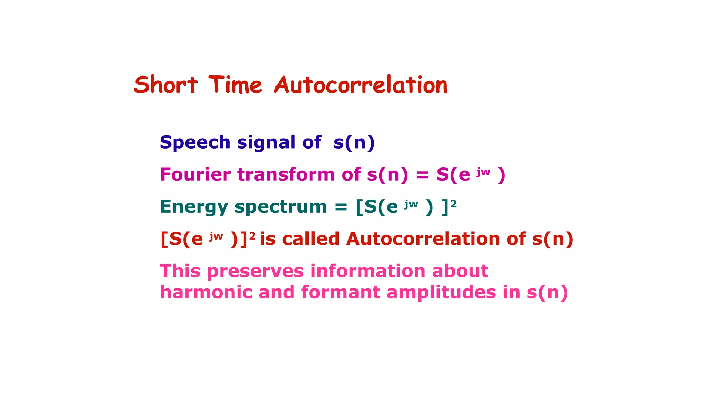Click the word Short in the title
pos(165,85)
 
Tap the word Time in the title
pos(235,85)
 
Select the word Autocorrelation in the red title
pos(361,85)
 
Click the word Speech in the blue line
pos(195,142)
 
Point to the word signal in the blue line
pos(266,142)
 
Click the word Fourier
pos(195,174)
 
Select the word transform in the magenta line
pos(286,174)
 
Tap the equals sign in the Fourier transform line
pos(422,175)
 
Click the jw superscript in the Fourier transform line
pos(483,172)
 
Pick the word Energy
pos(194,207)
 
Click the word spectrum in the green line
pos(281,207)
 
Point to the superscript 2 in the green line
pos(453,204)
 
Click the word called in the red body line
pos(311,239)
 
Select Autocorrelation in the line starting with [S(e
pos(423,239)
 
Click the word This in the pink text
pos(180,271)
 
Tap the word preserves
pos(255,272)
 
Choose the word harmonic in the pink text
pos(206,292)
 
